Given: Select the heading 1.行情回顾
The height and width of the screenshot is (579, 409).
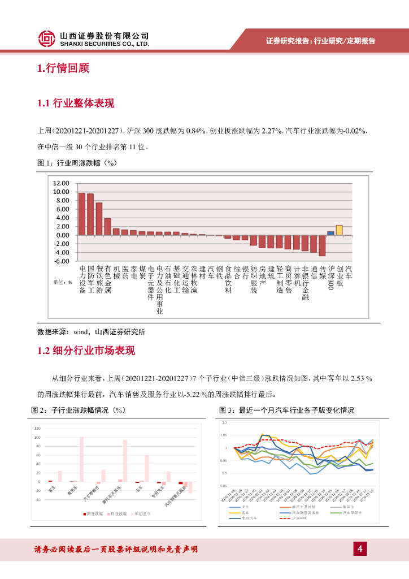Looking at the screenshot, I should pos(63,69).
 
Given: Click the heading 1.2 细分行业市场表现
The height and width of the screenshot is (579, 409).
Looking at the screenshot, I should pos(86,351).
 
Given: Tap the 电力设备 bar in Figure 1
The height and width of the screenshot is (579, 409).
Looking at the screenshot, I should pos(81,214).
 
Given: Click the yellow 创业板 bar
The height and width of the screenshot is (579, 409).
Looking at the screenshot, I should pos(339,230).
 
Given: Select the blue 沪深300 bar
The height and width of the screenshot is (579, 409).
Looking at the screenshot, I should pos(330,232).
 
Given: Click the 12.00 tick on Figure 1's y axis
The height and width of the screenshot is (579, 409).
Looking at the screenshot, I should pos(60,183).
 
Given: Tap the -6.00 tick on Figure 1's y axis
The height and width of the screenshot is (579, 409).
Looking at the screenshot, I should pos(60,261).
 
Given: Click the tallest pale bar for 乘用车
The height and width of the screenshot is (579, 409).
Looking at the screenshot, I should pos(81,459).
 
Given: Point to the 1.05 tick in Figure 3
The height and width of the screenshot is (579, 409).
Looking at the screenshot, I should pos(224,435).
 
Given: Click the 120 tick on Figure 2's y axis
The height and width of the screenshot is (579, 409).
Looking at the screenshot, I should pos(38,429).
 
